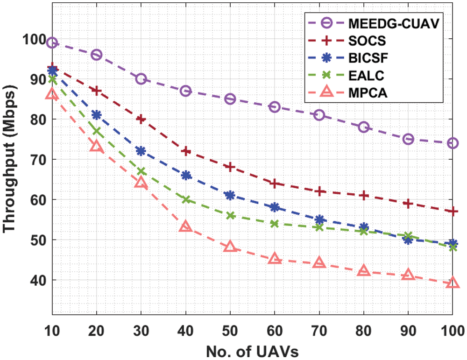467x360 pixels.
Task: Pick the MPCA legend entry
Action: click(369, 93)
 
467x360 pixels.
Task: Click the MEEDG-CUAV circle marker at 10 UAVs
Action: click(52, 43)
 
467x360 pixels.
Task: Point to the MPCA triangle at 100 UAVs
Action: click(453, 283)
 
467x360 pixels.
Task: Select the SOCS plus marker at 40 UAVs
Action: click(186, 151)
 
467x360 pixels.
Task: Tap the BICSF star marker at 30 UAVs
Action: click(141, 151)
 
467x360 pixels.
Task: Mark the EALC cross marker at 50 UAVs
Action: click(230, 216)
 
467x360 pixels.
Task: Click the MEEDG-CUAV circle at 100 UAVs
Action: click(453, 143)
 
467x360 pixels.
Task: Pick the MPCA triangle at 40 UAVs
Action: click(186, 227)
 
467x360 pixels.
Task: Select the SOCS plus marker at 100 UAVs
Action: click(453, 212)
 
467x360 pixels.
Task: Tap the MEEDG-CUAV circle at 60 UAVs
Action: click(275, 107)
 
